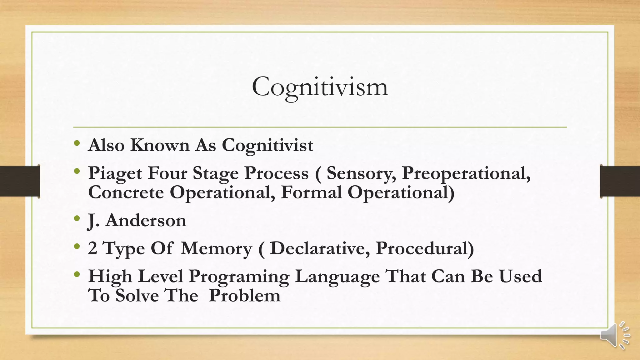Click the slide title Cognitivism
tap(320, 87)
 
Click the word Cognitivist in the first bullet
tap(267, 145)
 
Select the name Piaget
tap(115, 173)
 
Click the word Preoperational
tap(466, 173)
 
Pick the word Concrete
tap(126, 192)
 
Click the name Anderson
tap(146, 221)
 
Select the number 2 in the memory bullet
tap(92, 249)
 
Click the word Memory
tap(216, 249)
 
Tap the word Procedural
tap(425, 249)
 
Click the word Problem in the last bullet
tap(245, 296)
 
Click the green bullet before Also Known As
tap(77, 143)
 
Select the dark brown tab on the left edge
tap(20, 181)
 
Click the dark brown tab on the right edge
tap(620, 181)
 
